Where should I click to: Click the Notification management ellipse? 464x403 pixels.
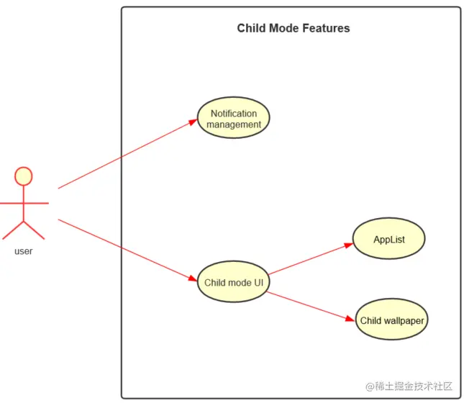233,119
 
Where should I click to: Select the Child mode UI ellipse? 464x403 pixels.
233,282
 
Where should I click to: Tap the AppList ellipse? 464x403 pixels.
389,239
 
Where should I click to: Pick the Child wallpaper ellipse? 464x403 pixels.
392,320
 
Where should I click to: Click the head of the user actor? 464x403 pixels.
24,176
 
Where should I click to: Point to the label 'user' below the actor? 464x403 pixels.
24,251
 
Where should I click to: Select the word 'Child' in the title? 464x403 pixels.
251,29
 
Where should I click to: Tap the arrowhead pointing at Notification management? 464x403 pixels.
194,122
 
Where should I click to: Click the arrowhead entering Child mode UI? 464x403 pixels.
193,279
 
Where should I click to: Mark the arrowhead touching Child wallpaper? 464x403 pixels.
352,319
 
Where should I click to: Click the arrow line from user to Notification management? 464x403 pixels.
126,155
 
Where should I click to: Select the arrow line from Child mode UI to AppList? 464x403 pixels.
309,260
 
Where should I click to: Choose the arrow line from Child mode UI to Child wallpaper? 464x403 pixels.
309,305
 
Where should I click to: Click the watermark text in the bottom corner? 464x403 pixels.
409,386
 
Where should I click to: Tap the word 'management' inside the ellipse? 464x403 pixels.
234,124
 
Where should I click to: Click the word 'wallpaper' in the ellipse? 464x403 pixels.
405,321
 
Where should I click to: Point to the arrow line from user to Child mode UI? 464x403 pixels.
126,249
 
